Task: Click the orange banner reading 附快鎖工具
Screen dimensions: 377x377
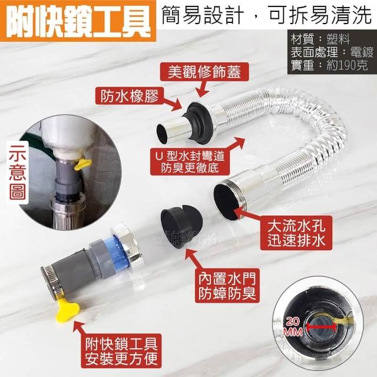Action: tap(78, 21)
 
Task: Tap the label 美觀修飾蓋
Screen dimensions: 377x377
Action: tap(204, 72)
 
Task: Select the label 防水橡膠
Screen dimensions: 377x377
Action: tap(130, 96)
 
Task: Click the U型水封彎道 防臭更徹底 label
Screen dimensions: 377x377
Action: tap(190, 161)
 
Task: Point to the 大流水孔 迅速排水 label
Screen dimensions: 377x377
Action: tap(296, 233)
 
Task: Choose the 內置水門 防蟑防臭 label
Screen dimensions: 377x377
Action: tap(227, 285)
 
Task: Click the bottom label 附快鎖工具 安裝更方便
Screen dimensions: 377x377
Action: tap(121, 351)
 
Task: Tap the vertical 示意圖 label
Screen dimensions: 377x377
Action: tap(18, 173)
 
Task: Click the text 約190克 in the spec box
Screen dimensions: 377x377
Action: tap(347, 65)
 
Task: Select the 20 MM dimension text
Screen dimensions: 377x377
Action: tap(293, 326)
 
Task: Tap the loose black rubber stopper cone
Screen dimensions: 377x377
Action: tap(181, 225)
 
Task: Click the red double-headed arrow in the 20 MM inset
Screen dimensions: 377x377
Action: tap(321, 326)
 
